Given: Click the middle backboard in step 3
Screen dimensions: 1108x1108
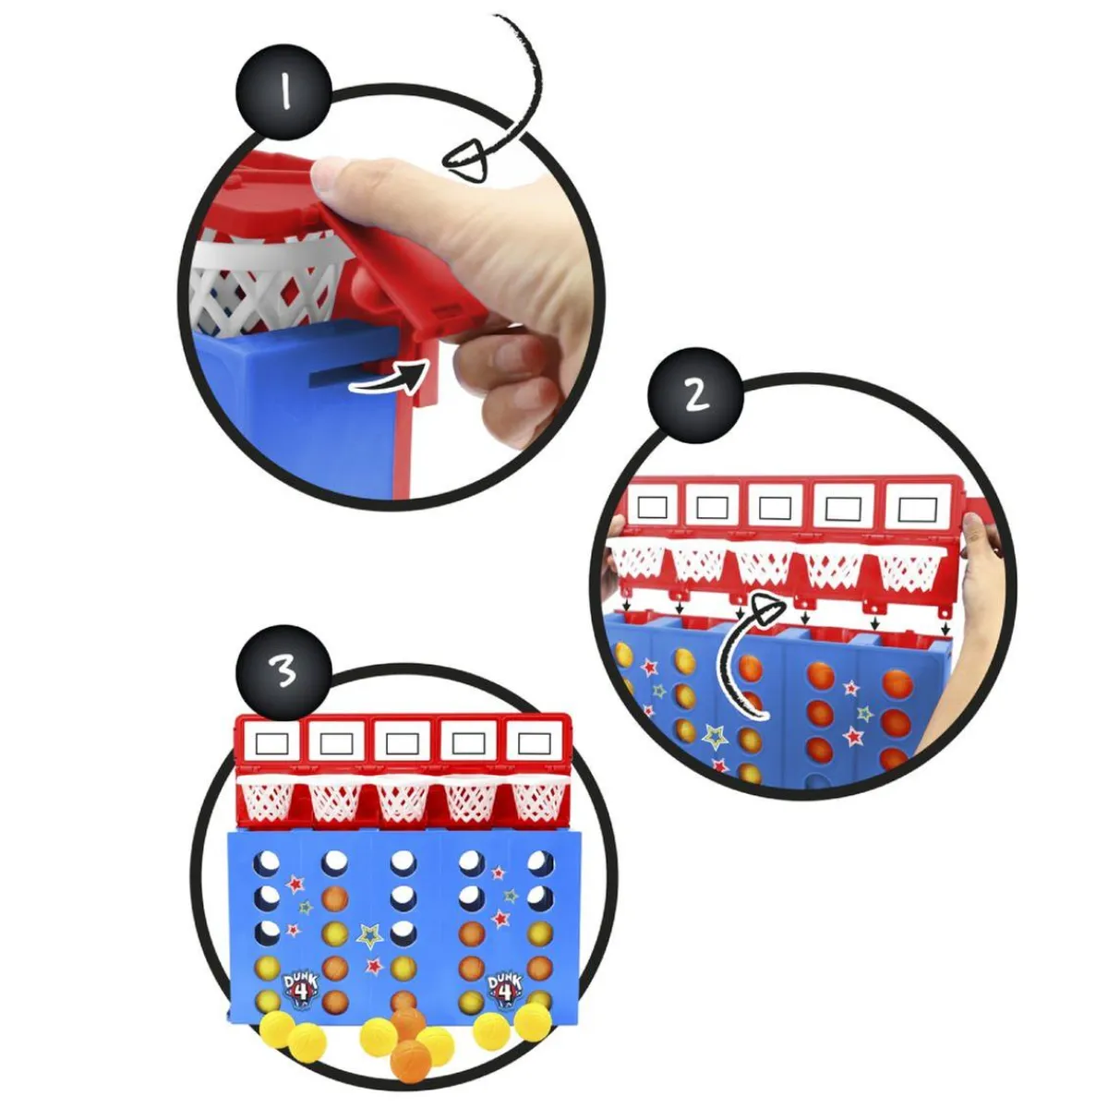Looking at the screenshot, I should (403, 743).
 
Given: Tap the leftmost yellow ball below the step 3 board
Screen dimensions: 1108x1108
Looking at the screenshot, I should (274, 1028).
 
